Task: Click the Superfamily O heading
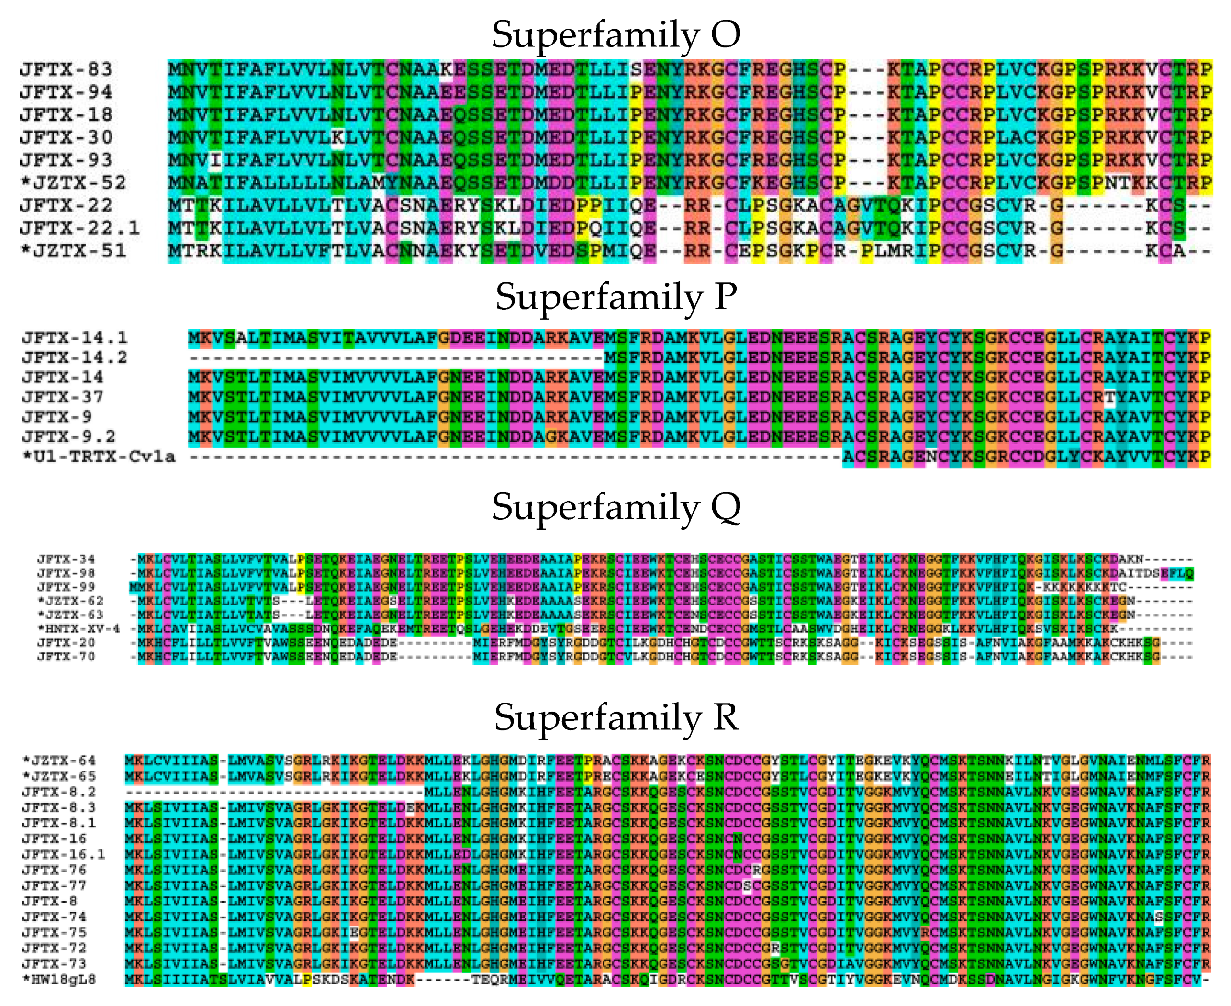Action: coord(615,35)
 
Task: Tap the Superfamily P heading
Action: coord(615,297)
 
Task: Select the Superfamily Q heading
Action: coord(615,507)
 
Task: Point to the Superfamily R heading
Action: coord(615,717)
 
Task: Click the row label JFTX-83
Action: coord(66,69)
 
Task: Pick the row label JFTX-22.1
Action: coord(79,228)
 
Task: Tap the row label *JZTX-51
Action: coord(73,250)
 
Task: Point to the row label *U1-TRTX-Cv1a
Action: coord(98,457)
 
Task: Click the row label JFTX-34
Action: coord(66,559)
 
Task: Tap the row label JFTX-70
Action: coord(66,657)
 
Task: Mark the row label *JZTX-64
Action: coord(59,760)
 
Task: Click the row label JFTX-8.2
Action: coord(59,792)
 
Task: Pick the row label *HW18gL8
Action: coord(59,979)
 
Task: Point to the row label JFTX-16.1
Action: coord(64,854)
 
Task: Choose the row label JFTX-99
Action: coord(66,587)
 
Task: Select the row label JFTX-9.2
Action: coord(68,436)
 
